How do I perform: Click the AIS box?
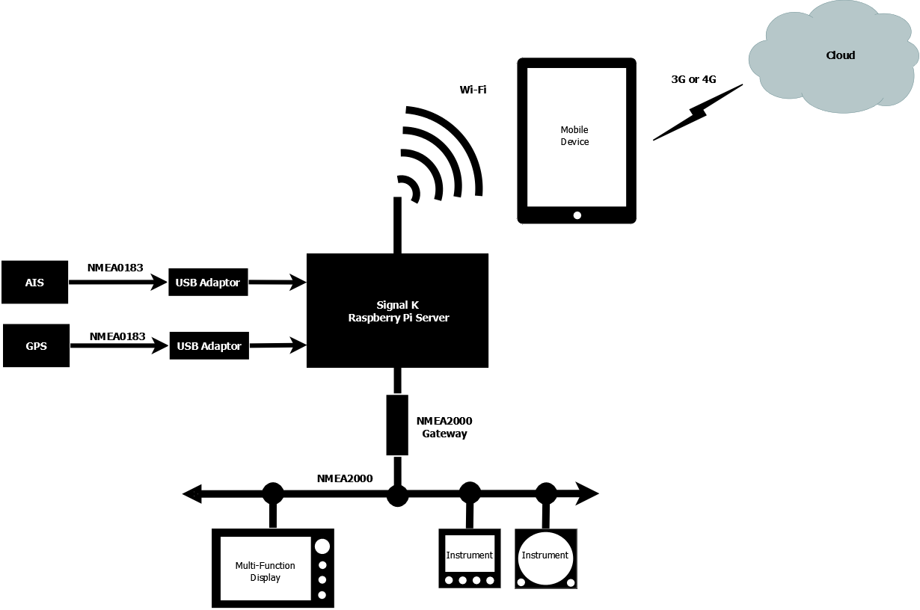pos(34,283)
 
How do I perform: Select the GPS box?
pos(36,345)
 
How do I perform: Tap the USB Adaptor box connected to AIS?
pos(208,283)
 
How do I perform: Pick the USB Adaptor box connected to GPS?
pos(209,346)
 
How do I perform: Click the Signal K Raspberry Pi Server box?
pos(397,311)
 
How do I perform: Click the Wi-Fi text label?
pos(473,90)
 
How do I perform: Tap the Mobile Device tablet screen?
pos(576,136)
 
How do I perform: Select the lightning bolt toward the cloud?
pos(697,112)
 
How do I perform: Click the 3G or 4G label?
pos(693,78)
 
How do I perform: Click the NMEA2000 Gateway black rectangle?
pos(397,425)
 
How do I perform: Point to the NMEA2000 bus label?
pos(345,478)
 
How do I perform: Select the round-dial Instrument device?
pos(546,558)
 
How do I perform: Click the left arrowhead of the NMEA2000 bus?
pos(192,494)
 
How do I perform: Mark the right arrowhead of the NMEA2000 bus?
pos(589,494)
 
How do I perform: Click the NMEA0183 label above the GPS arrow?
pos(117,336)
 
